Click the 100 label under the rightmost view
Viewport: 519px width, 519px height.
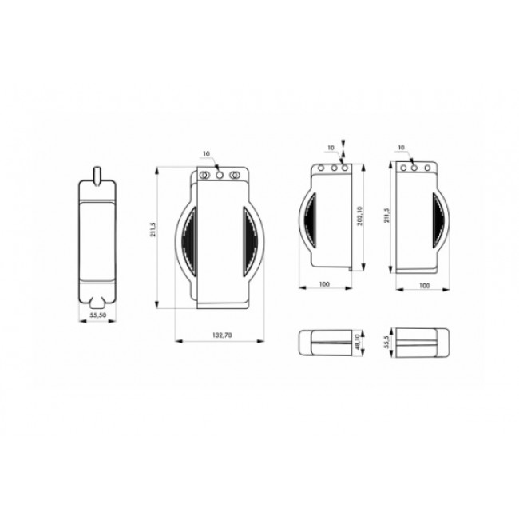pos(424,284)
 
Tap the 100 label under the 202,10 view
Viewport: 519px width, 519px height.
pos(324,284)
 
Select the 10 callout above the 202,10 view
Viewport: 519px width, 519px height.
pos(330,148)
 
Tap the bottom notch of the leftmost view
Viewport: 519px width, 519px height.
pos(99,302)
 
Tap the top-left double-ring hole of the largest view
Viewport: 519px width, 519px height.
pos(204,173)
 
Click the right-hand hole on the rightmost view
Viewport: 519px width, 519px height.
pos(427,168)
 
